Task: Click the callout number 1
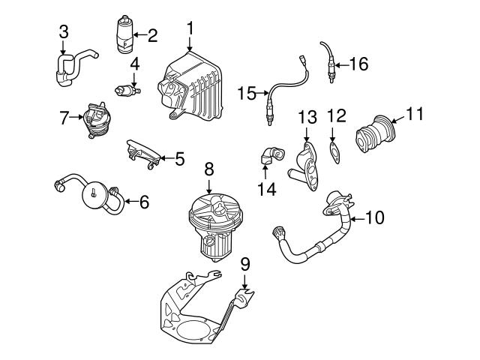(190, 28)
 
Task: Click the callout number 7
(64, 117)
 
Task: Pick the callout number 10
(374, 218)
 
